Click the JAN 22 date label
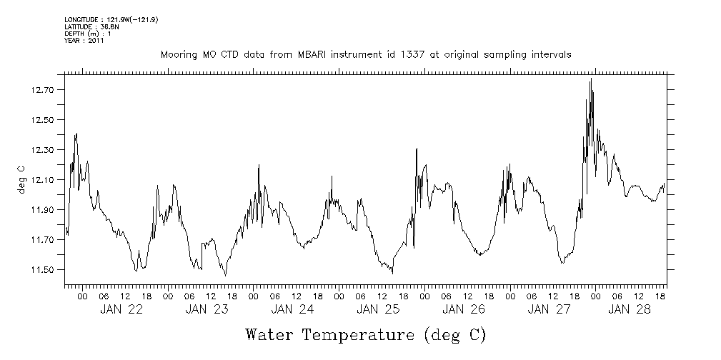pyautogui.click(x=121, y=310)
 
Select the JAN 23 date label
pyautogui.click(x=207, y=310)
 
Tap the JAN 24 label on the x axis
pyautogui.click(x=292, y=310)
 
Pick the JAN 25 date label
pyautogui.click(x=378, y=310)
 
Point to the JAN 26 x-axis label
pyautogui.click(x=464, y=310)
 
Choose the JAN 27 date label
pyautogui.click(x=549, y=310)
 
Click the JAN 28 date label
pyautogui.click(x=632, y=310)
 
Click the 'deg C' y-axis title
pyautogui.click(x=22, y=180)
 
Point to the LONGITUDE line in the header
pyautogui.click(x=111, y=20)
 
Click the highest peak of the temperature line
pyautogui.click(x=591, y=79)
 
